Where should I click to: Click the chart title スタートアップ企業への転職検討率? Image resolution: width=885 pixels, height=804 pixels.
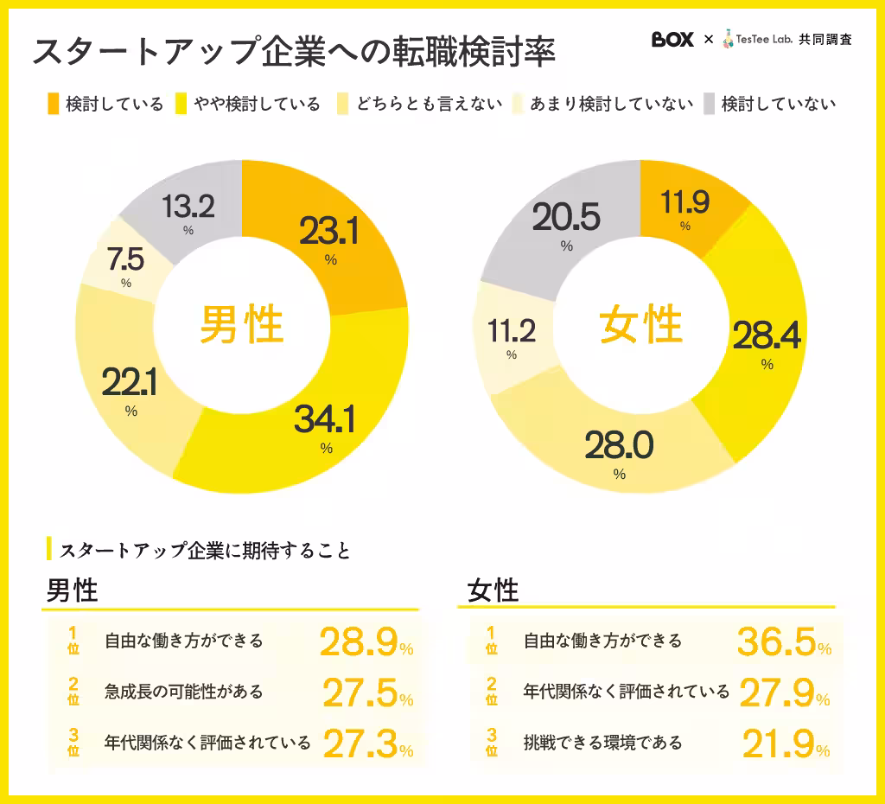[x=293, y=52]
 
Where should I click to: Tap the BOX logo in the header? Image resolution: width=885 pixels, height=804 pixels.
[x=672, y=40]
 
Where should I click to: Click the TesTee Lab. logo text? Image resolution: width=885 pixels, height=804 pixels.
[x=762, y=40]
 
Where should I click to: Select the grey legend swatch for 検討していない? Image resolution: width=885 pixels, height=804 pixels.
[x=709, y=105]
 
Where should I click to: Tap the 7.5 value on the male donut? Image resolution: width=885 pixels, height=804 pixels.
[x=126, y=258]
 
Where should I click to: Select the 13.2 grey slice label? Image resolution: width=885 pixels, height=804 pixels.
[x=188, y=207]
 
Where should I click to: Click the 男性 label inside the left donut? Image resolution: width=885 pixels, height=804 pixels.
[x=242, y=326]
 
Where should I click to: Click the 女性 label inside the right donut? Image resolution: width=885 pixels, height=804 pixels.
[x=640, y=326]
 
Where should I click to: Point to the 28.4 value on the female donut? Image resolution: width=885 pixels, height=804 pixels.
[x=767, y=336]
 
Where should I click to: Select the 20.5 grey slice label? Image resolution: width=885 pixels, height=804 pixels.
[x=566, y=219]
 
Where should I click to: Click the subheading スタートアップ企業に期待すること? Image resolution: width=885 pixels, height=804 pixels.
[x=206, y=550]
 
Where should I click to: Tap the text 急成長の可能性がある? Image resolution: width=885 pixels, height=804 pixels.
[x=183, y=692]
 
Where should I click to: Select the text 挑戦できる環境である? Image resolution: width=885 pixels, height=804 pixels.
[x=603, y=742]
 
